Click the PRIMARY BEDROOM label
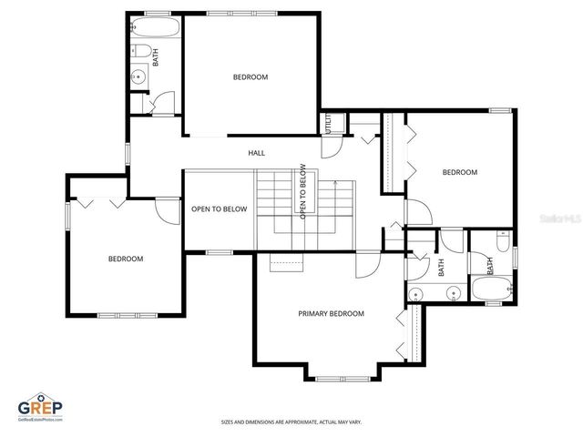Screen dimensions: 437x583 coord(331,313)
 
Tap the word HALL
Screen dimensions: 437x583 coord(257,153)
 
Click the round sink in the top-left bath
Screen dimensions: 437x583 coord(138,76)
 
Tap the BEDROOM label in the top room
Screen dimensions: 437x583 coord(251,77)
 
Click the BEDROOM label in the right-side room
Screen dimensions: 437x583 coord(460,172)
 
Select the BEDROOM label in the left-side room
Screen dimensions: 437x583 coord(126,259)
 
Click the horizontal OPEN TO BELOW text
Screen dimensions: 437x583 coord(219,208)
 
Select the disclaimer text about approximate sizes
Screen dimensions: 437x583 coord(291,422)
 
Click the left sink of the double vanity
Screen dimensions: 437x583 coord(416,293)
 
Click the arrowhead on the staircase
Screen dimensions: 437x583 coord(336,183)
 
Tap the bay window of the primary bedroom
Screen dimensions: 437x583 coord(343,375)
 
